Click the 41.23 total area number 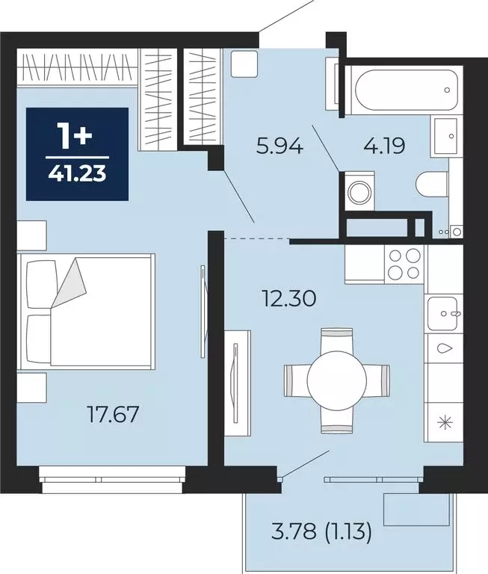coord(77,173)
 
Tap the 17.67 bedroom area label coord(114,414)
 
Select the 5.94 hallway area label coord(280,146)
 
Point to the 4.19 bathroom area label coord(384,146)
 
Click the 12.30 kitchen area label coord(289,298)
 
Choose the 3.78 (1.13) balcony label coord(321,531)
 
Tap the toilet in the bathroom coord(433,185)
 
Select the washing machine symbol coord(359,191)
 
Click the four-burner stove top coord(404,264)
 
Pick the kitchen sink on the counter coord(443,313)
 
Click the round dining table coord(337,380)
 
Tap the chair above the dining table coord(337,340)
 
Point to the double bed coord(87,311)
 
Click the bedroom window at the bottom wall coord(112,480)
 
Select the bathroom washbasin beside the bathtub coord(446,136)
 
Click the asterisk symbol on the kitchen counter coord(445,422)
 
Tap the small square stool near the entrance coord(244,64)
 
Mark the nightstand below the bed coord(32,387)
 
